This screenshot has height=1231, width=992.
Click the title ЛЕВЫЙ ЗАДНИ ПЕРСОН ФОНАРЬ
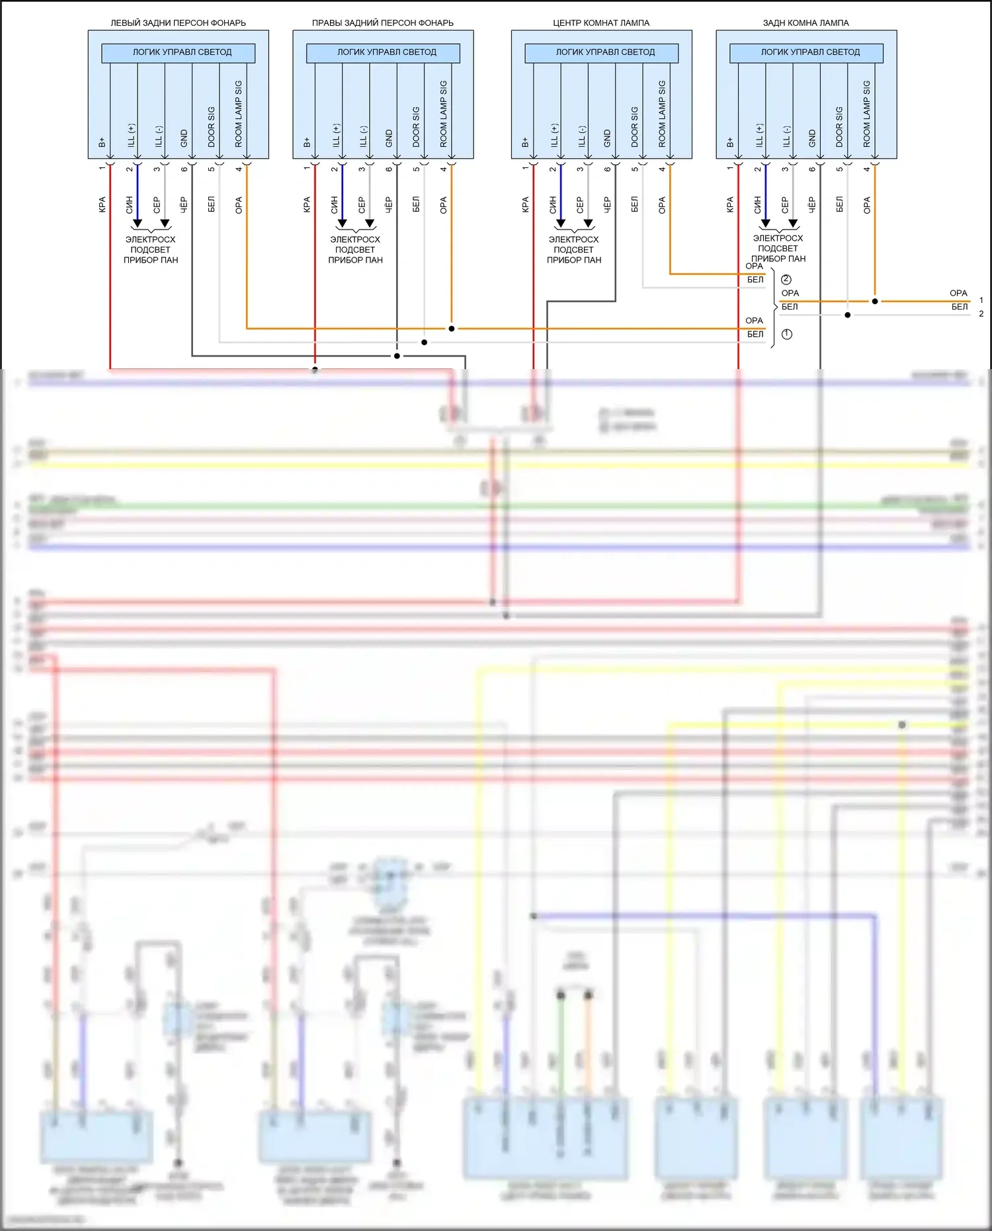point(178,22)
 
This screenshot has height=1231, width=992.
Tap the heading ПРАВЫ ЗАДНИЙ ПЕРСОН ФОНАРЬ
point(382,22)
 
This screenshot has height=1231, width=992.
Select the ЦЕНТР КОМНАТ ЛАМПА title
point(601,22)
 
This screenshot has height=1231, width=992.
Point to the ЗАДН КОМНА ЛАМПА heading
point(806,22)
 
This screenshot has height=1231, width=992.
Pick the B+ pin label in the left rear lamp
point(102,142)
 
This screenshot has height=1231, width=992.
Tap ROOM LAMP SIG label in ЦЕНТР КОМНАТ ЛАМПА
point(662,114)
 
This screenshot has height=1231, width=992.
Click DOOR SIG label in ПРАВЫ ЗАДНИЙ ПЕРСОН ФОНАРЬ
point(416,127)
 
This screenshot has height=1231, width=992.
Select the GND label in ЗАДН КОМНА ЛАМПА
point(812,138)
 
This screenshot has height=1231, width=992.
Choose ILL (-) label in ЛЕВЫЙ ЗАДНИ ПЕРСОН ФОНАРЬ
point(159,136)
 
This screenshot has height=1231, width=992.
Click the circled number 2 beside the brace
point(786,280)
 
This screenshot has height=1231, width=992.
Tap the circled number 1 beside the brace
point(787,335)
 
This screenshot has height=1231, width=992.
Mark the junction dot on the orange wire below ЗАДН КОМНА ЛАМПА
point(875,301)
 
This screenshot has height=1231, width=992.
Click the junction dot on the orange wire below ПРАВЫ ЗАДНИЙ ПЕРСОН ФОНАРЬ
point(452,328)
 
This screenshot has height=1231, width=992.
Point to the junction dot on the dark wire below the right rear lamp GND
point(397,356)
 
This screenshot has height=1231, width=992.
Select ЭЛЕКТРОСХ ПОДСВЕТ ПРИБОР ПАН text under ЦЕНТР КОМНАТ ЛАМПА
point(574,250)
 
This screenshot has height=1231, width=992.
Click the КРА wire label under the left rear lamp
point(102,204)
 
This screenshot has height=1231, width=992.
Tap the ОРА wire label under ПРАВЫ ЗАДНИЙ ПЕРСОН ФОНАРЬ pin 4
point(443,204)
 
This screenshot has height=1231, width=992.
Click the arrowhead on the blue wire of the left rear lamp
point(138,224)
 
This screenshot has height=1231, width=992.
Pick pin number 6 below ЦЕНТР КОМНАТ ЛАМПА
point(607,169)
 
